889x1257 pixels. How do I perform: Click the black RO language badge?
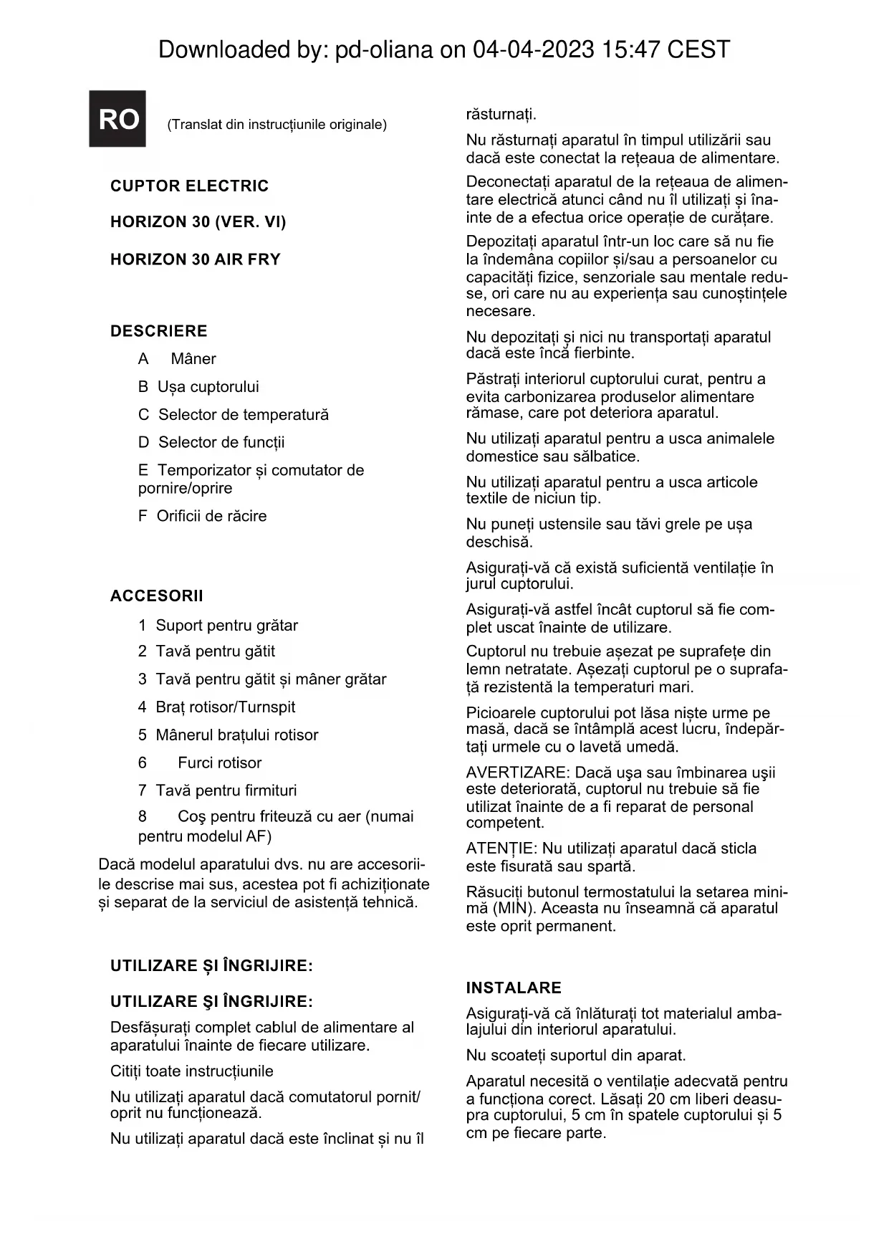(x=117, y=119)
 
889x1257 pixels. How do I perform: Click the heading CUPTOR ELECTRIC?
(x=189, y=186)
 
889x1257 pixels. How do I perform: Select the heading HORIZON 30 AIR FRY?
(x=195, y=259)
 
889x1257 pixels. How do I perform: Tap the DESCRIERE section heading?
(x=158, y=331)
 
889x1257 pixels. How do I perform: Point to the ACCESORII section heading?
(x=156, y=596)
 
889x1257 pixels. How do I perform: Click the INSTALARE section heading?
(x=513, y=988)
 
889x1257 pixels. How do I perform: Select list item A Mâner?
(x=177, y=359)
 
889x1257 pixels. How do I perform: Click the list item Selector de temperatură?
(x=234, y=415)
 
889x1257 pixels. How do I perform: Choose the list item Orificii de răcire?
(x=203, y=516)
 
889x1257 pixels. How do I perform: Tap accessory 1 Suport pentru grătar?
(x=218, y=626)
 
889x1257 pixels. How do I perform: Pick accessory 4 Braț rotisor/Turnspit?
(x=217, y=707)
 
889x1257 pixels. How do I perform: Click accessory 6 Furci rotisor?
(x=201, y=763)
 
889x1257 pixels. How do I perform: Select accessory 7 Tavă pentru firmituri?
(x=218, y=790)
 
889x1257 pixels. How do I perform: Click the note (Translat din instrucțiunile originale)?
(x=277, y=125)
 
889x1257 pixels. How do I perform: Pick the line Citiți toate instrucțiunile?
(x=192, y=1071)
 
